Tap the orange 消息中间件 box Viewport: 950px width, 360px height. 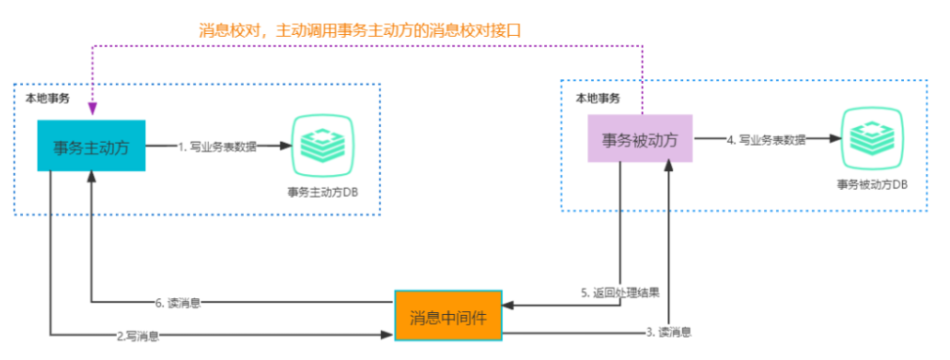coord(448,316)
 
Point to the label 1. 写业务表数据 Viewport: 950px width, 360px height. coord(217,145)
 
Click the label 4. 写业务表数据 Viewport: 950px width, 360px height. coord(766,140)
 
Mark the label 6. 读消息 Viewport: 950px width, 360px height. coord(179,302)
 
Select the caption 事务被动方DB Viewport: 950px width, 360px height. coord(872,184)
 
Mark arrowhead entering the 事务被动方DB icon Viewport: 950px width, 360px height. coord(838,140)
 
